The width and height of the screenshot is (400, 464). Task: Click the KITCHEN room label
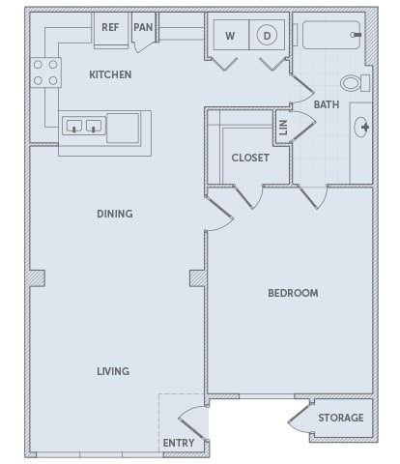[110, 74]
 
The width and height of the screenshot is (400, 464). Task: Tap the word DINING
[115, 214]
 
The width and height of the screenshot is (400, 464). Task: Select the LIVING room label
[113, 371]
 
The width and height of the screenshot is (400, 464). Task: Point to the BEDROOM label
[293, 293]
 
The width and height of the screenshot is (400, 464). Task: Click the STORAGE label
[341, 418]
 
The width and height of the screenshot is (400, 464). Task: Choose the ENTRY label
[179, 443]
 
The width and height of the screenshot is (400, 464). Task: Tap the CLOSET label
[250, 158]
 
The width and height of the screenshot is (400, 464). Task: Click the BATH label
[327, 104]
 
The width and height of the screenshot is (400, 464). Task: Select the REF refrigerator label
[110, 27]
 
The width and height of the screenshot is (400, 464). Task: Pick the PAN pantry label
[143, 27]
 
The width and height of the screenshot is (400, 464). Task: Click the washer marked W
[231, 35]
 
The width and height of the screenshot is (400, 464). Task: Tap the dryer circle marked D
[267, 35]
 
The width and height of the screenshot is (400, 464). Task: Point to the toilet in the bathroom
[356, 83]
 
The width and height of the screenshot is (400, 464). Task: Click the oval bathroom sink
[361, 127]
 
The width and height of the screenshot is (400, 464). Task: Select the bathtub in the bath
[331, 35]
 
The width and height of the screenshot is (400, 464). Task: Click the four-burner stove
[45, 72]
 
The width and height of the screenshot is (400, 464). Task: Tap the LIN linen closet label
[283, 128]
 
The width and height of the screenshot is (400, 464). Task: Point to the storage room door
[300, 418]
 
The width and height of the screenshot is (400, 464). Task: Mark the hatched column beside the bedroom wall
[198, 278]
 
